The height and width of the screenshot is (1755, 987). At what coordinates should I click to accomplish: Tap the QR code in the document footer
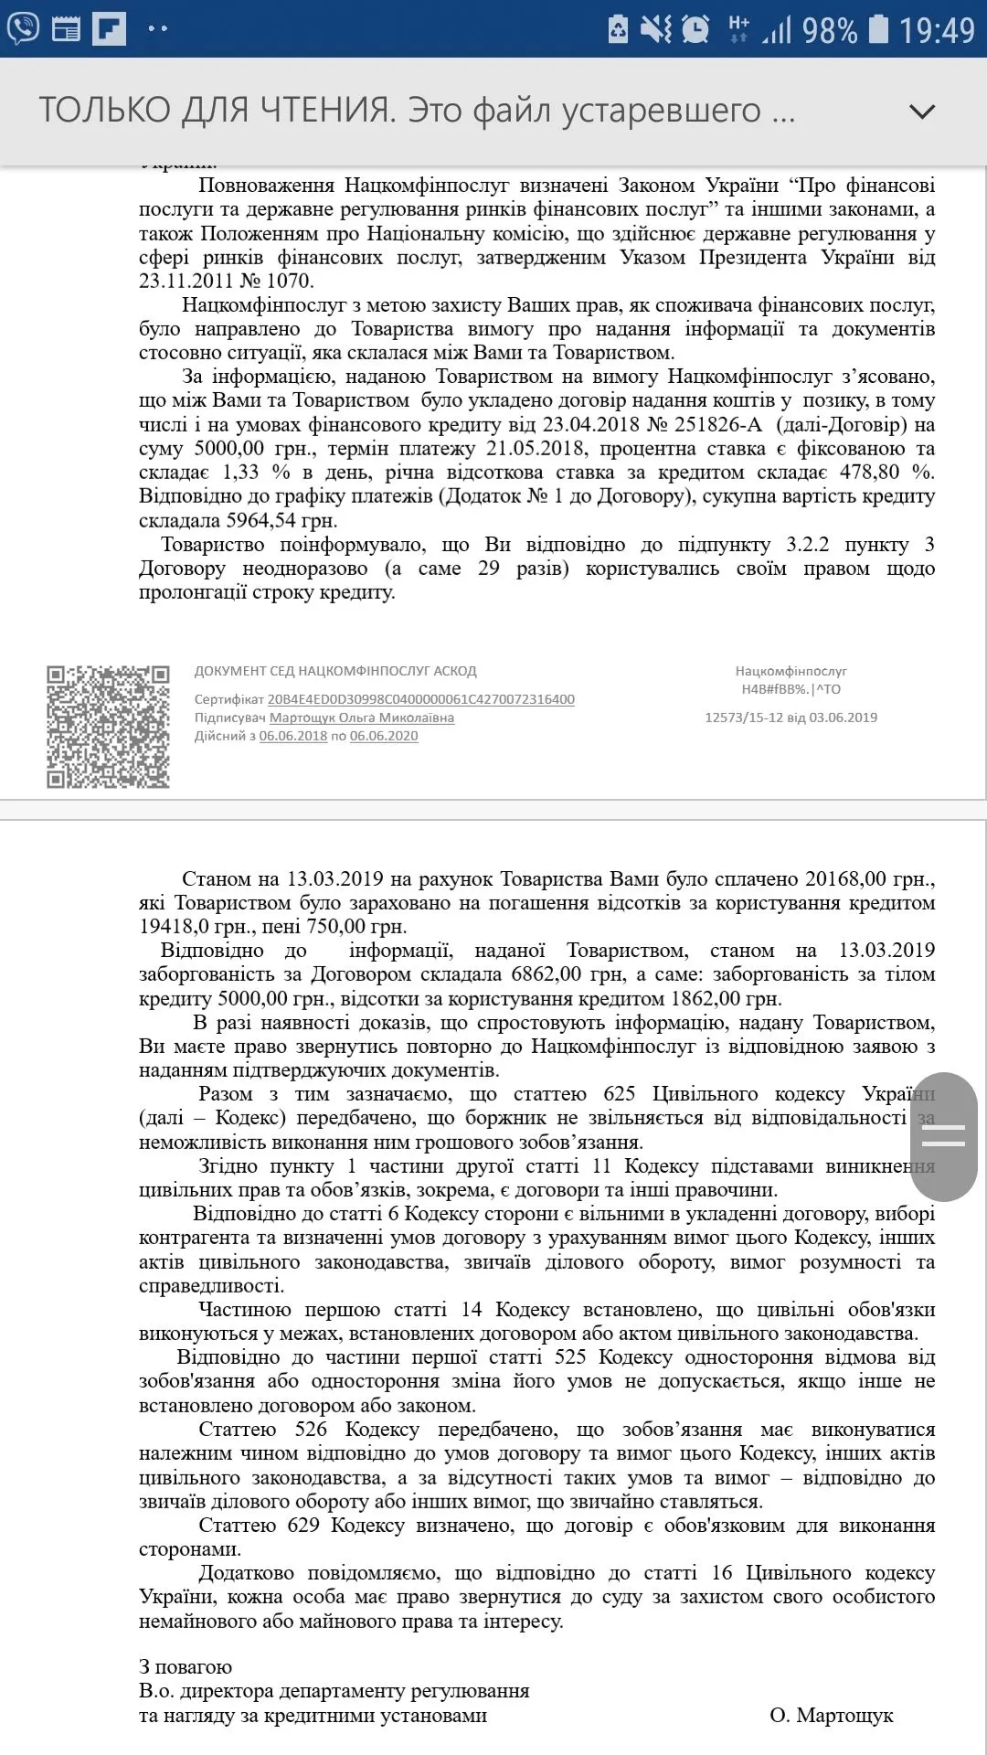[108, 727]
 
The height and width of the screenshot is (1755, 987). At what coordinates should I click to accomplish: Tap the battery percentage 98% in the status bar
[829, 30]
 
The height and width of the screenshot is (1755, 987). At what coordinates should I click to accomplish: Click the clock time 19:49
[937, 30]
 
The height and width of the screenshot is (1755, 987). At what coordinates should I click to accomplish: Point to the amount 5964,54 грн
[281, 520]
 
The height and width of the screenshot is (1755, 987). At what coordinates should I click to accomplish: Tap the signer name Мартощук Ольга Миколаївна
[361, 718]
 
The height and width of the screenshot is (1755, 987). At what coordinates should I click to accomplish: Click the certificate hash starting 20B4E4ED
[420, 699]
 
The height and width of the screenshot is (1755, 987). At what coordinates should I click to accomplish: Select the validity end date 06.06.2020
[384, 736]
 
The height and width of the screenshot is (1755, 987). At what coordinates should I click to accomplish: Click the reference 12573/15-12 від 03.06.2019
[791, 718]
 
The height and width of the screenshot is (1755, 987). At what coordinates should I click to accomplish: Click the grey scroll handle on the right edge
[944, 1136]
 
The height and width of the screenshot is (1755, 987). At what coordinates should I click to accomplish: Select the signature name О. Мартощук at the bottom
[831, 1715]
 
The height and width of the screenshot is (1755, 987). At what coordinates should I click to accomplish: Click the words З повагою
[186, 1666]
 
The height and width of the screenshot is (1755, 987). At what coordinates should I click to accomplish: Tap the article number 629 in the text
[303, 1525]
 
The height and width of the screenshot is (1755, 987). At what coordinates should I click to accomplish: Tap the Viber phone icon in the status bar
[23, 28]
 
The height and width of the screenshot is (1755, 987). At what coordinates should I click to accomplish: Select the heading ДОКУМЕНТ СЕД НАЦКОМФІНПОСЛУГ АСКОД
[335, 671]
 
